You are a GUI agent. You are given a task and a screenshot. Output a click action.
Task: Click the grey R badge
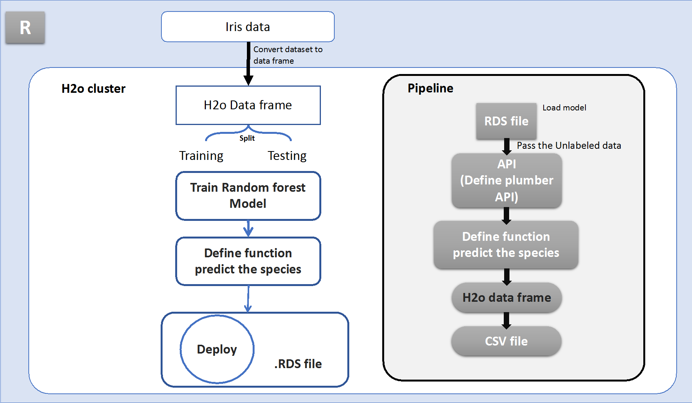tap(25, 27)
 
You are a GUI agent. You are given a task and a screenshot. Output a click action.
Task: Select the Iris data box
tap(248, 26)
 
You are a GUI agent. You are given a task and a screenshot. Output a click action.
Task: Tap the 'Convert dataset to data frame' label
tap(288, 55)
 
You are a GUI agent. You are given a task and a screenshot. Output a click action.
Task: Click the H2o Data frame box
tap(248, 105)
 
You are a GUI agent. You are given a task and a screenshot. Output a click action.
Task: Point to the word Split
tap(247, 138)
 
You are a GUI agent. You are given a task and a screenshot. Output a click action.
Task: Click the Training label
tap(201, 156)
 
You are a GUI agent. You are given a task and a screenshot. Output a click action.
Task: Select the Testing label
tap(287, 156)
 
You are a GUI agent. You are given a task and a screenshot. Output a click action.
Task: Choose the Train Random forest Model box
tap(248, 196)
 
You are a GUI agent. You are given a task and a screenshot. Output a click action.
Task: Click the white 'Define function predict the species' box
tap(248, 261)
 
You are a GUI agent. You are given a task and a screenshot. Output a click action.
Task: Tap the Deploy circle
tap(217, 349)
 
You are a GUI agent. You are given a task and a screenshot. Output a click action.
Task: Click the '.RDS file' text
tap(298, 364)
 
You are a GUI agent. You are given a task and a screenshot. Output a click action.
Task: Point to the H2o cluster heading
tap(94, 89)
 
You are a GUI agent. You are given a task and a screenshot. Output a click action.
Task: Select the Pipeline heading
tap(430, 88)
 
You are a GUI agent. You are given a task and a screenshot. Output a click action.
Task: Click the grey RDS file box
tap(506, 121)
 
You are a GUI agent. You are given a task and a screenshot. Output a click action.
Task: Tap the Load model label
tap(564, 108)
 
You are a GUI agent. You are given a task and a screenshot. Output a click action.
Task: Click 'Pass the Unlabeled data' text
tap(569, 146)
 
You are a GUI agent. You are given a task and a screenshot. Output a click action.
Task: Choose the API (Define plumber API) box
tap(506, 181)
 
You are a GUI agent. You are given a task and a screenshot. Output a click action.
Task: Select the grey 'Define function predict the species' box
tap(506, 245)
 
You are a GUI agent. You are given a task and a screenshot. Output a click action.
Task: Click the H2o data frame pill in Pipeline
tap(506, 298)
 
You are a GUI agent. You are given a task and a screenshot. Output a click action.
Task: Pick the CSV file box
tap(506, 341)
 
